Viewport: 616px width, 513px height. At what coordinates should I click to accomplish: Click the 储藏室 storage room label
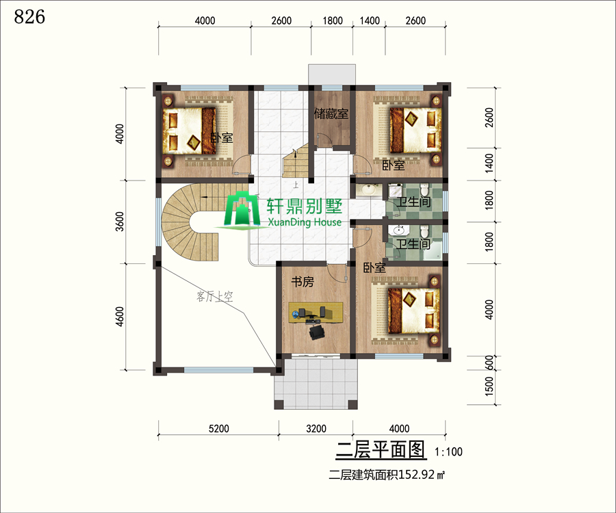click(331, 114)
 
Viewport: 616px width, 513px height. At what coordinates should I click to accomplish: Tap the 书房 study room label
click(302, 281)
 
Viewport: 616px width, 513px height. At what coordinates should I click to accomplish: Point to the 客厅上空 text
click(214, 296)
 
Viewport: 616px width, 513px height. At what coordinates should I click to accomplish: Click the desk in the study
click(316, 313)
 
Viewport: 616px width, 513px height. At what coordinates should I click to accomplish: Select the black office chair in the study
click(317, 332)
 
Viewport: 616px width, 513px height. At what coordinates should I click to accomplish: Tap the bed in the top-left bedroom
click(190, 131)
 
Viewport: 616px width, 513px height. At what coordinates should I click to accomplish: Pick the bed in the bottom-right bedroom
click(413, 311)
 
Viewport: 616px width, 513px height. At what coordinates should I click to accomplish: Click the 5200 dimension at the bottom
click(218, 428)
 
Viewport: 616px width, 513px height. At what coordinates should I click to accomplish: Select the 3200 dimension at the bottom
click(316, 428)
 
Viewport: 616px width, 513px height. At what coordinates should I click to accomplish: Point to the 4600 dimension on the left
click(120, 317)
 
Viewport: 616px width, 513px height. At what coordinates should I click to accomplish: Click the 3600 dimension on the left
click(120, 222)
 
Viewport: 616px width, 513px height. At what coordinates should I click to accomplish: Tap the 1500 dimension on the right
click(489, 386)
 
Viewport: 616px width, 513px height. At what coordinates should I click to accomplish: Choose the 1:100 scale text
click(448, 451)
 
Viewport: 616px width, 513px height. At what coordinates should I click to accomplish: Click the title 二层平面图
click(381, 450)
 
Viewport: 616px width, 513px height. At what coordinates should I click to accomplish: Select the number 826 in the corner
click(29, 16)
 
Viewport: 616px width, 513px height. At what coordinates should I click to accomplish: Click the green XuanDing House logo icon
click(242, 209)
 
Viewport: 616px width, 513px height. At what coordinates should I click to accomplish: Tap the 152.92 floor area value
click(417, 475)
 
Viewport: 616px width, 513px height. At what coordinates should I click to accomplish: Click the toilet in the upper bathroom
click(424, 189)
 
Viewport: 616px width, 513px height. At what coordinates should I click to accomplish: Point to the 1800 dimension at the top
click(333, 21)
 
